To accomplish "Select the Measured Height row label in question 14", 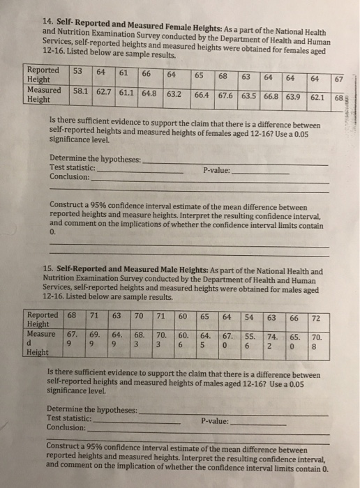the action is click(43, 94).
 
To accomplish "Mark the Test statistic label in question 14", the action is click(73, 167).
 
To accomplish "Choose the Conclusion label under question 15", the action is click(66, 427).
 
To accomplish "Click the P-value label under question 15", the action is click(214, 421).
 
